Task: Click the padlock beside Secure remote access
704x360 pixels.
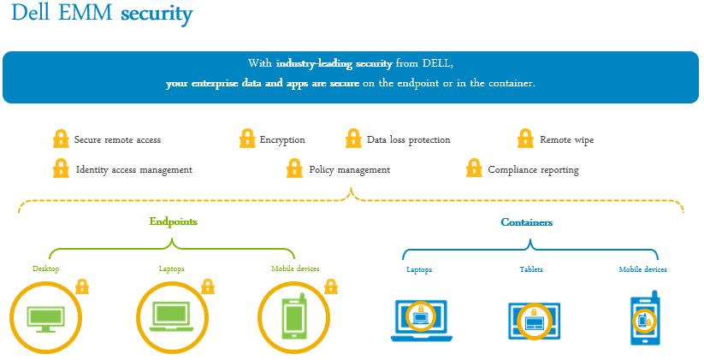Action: [61, 139]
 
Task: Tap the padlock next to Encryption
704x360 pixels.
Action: [247, 139]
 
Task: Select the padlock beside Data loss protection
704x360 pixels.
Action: [353, 139]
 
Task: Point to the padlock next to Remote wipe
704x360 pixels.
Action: [525, 139]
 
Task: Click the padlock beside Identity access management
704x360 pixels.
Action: [61, 168]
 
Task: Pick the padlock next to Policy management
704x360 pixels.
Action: [294, 168]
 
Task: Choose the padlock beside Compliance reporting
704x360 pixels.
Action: [474, 168]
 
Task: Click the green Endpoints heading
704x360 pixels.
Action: [174, 221]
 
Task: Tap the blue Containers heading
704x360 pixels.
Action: [527, 222]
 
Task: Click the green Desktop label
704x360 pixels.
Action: [46, 269]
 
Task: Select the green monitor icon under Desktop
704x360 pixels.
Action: [46, 319]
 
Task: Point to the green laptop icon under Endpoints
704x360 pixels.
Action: [172, 316]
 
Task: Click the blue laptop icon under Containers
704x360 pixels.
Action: [421, 321]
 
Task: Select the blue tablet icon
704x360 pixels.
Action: [534, 321]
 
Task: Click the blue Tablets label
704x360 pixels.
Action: [531, 269]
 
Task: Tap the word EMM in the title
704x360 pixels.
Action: [85, 13]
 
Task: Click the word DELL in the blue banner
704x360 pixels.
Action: [437, 63]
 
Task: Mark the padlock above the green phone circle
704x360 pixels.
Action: [331, 286]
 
